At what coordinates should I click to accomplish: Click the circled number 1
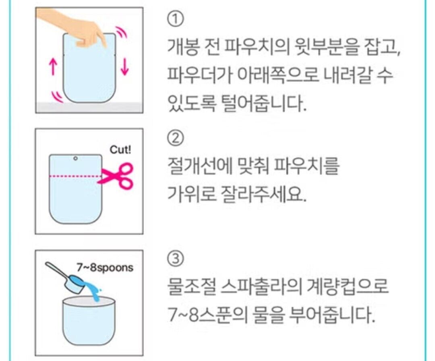(175, 19)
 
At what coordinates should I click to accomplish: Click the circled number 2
(175, 138)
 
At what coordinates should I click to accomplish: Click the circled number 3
(175, 258)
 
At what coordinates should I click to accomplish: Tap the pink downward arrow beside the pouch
(125, 66)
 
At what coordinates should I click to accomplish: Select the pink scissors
(116, 175)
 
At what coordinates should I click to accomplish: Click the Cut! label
(120, 150)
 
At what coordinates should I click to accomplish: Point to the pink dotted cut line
(76, 176)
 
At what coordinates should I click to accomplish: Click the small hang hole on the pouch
(75, 158)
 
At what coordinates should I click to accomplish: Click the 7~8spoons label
(105, 268)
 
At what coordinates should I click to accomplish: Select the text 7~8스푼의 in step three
(207, 315)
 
